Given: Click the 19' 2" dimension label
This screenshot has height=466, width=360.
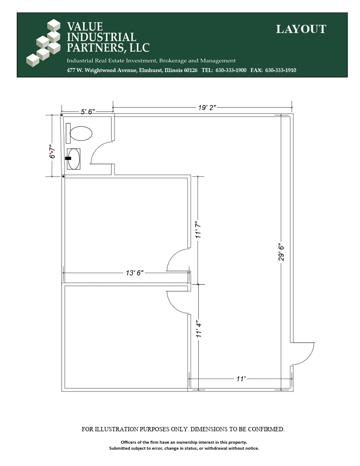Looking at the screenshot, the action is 207,108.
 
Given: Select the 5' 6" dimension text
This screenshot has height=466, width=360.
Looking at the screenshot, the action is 88,112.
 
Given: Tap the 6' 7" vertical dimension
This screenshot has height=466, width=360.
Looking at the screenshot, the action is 52,152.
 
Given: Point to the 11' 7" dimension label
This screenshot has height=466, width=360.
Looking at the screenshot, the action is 198,229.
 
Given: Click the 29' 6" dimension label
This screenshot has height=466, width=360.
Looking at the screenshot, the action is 281,253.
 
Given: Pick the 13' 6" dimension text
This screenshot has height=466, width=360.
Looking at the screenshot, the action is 135,273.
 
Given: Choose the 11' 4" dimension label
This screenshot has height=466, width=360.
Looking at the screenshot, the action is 199,328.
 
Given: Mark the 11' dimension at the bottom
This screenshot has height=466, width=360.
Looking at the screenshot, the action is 241,379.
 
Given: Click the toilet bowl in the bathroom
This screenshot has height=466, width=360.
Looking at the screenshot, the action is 81,133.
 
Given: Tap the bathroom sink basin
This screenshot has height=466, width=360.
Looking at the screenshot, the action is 74,159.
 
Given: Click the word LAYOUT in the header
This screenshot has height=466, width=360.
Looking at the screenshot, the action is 301,29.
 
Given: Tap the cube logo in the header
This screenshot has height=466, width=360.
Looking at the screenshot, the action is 43,43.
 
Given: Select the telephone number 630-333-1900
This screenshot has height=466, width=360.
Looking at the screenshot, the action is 231,70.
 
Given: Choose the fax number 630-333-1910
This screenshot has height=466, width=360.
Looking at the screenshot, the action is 281,70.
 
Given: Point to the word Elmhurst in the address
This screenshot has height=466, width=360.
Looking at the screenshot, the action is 151,70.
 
